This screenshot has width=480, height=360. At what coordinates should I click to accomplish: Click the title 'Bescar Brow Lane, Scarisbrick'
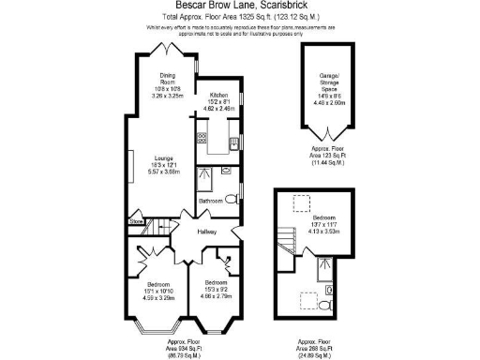(240, 7)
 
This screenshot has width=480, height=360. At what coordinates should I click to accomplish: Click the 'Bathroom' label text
(211, 201)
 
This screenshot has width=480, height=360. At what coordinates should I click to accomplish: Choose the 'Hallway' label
(207, 232)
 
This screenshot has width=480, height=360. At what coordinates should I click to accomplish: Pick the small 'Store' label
(136, 222)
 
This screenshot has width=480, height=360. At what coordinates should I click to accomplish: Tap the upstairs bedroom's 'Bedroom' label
(321, 217)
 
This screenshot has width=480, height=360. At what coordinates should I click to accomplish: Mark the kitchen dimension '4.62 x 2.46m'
(218, 110)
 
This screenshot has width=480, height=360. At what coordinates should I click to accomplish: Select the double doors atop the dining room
(170, 48)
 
